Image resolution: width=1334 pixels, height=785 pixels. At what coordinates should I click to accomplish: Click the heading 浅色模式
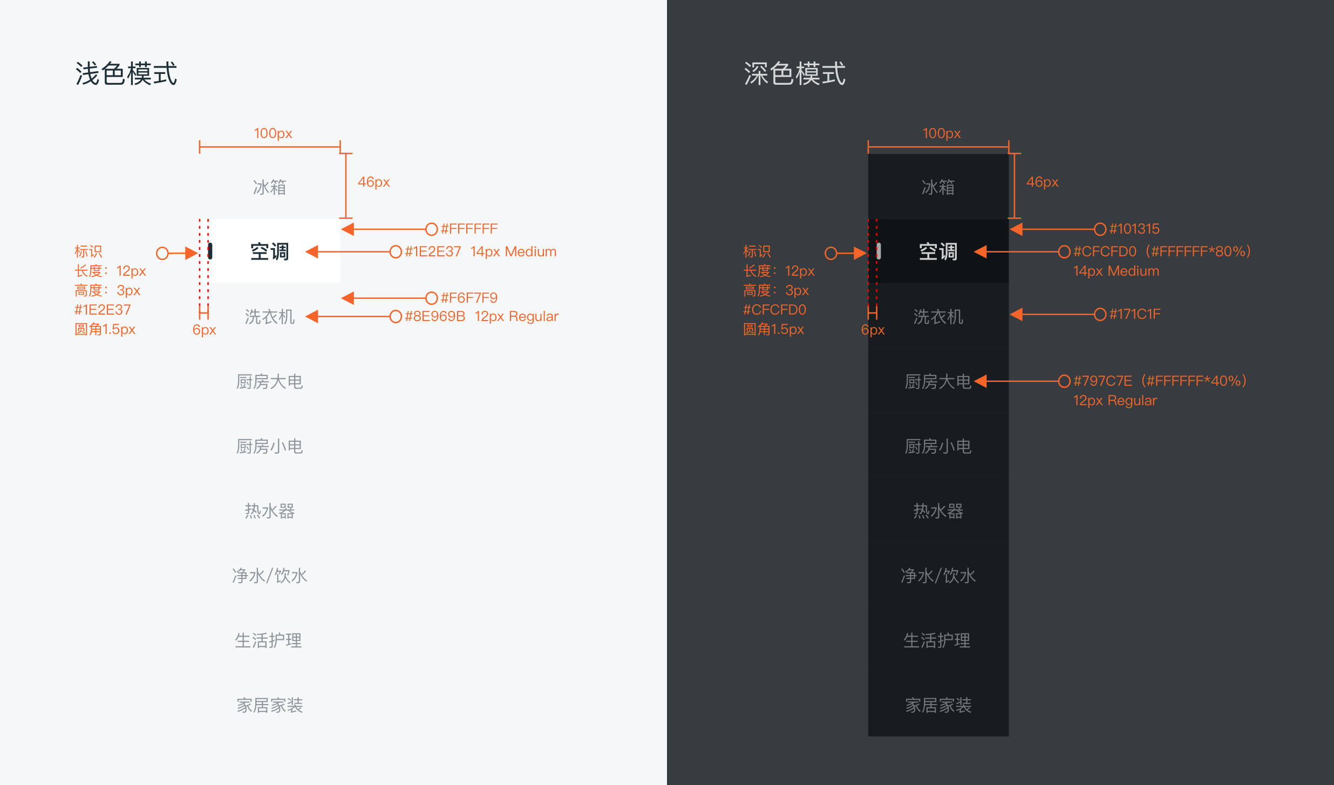tap(126, 73)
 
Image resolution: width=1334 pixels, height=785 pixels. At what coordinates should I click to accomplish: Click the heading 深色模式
tap(794, 73)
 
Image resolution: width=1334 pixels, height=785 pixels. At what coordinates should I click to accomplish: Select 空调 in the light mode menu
tap(270, 251)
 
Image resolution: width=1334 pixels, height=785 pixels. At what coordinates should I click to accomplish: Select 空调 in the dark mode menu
tap(938, 251)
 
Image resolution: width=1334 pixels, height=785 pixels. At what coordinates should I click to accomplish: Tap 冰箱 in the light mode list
tap(270, 187)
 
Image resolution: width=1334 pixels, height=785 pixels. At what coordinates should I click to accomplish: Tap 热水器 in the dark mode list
tap(938, 511)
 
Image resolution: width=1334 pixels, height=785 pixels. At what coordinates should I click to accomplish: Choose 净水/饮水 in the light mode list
tap(270, 576)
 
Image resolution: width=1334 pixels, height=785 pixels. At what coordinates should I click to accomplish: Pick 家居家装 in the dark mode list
tap(938, 705)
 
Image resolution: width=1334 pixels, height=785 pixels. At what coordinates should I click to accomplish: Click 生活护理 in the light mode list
tap(269, 640)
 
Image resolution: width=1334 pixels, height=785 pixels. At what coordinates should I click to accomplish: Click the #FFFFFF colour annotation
tap(469, 229)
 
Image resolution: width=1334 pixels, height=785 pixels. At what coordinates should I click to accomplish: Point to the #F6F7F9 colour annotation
tap(469, 298)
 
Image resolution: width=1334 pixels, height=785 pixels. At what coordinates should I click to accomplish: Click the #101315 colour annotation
tap(1134, 229)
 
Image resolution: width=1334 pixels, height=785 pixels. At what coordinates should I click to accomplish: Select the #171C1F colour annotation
tap(1134, 314)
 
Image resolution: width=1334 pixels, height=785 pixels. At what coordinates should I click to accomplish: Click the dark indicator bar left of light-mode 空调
tap(210, 251)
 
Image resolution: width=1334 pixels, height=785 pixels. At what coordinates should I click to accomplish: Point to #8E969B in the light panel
tap(435, 316)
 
